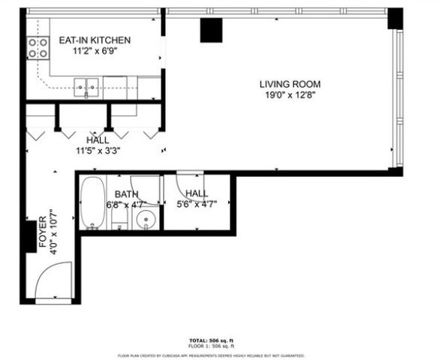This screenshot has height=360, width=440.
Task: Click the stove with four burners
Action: tap(38, 49)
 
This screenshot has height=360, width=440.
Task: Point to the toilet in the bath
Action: tap(118, 220)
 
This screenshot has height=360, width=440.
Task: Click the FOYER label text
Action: tap(43, 234)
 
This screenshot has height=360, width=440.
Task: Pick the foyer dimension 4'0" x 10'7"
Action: tap(53, 234)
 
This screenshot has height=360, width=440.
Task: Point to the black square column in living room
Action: tap(211, 31)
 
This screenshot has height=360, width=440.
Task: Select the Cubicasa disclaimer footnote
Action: tap(211, 355)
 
